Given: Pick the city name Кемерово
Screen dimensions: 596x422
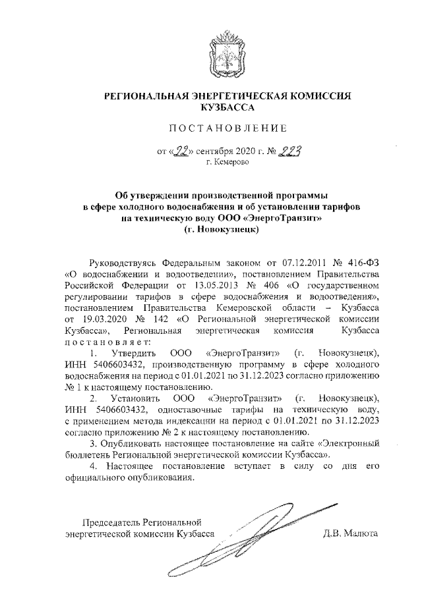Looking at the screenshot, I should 228,162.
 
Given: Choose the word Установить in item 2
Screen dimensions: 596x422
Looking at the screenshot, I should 135,400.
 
